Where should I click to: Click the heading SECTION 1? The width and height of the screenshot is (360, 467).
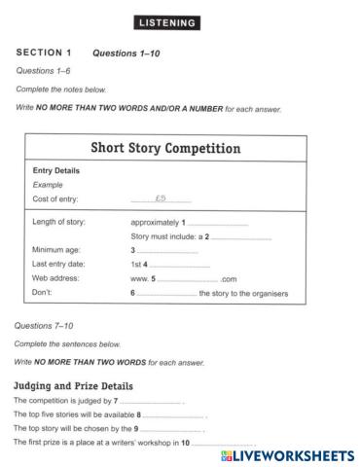44,53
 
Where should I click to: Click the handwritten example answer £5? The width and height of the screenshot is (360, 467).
161,198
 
